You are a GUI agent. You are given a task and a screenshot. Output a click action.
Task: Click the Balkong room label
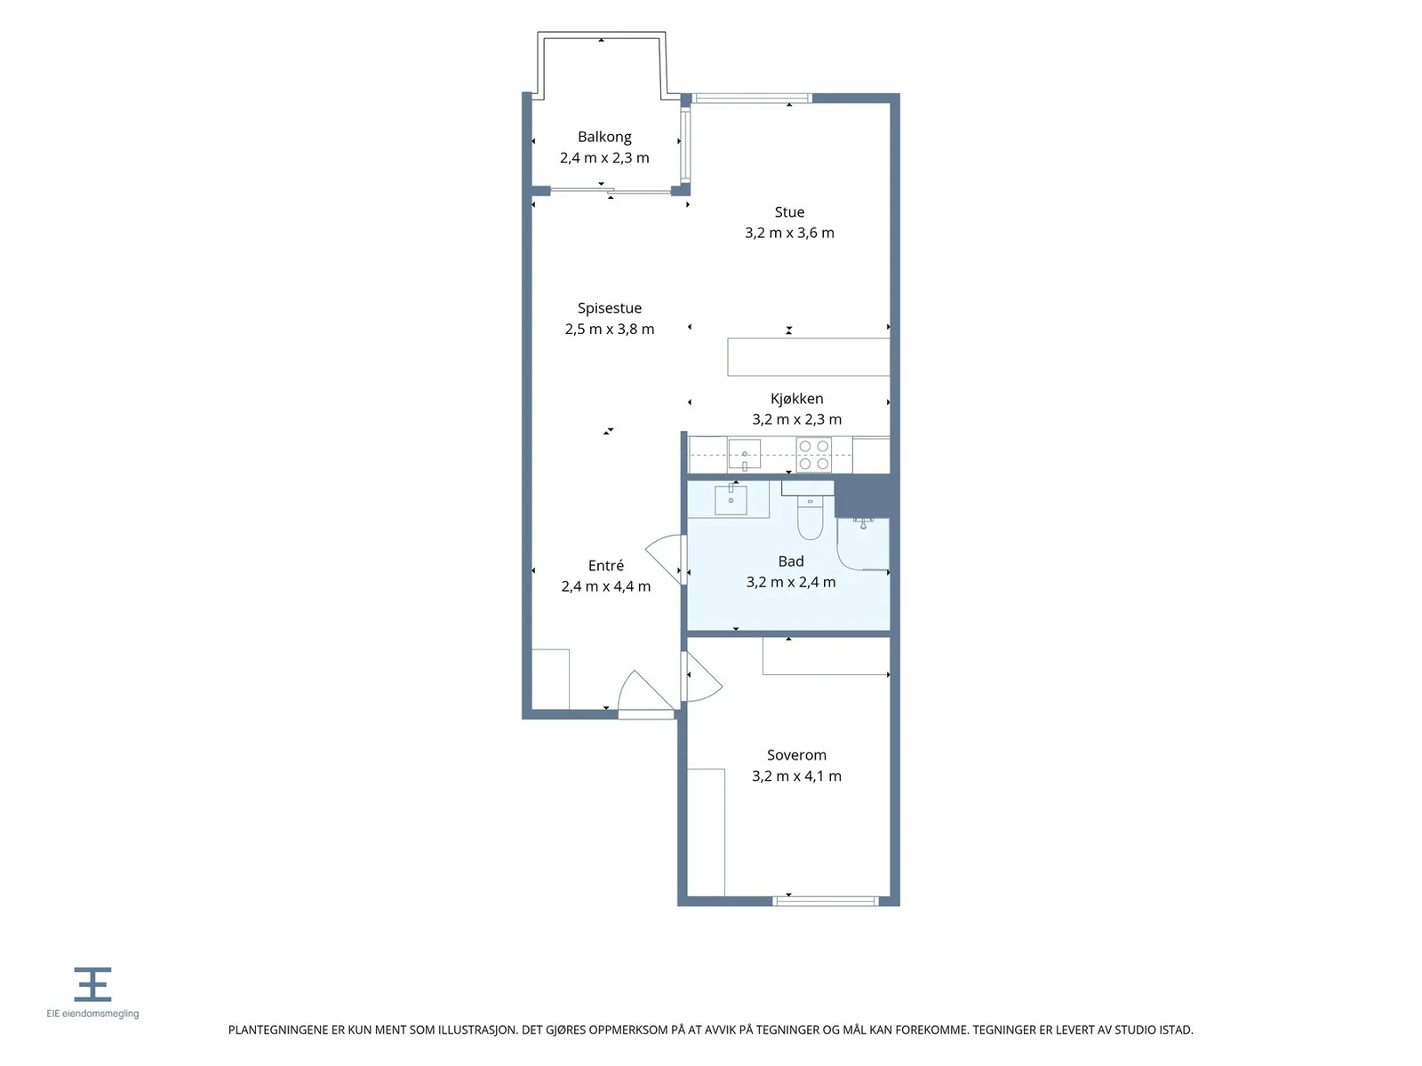pos(603,137)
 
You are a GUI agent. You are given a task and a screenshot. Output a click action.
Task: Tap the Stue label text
pos(789,211)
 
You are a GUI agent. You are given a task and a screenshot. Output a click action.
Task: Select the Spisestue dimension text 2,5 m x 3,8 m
pos(609,329)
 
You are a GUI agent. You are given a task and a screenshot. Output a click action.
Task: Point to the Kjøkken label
pos(796,399)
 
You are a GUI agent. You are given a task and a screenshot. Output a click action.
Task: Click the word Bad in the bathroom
pos(790,561)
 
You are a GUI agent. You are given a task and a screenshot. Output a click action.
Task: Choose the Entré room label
pos(606,565)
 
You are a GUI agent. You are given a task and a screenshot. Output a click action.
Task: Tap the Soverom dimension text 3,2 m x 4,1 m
pos(796,776)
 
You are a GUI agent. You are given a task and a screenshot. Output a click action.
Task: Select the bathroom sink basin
pos(731,499)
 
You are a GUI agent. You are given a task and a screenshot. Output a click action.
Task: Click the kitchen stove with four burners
pos(813,454)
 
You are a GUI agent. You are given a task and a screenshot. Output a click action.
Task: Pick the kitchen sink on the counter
pos(745,453)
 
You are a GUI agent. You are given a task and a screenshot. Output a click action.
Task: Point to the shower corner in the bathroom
pos(863,544)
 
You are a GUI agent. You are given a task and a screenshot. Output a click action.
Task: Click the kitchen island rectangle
pos(809,356)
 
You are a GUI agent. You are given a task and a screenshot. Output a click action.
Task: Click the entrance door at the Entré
pos(646,693)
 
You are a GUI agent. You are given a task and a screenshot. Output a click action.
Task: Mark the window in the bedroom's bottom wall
pos(826,901)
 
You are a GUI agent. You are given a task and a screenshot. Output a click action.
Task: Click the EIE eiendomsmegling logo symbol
pos(92,983)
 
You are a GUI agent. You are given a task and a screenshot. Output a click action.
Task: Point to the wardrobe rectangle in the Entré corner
pos(550,679)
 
